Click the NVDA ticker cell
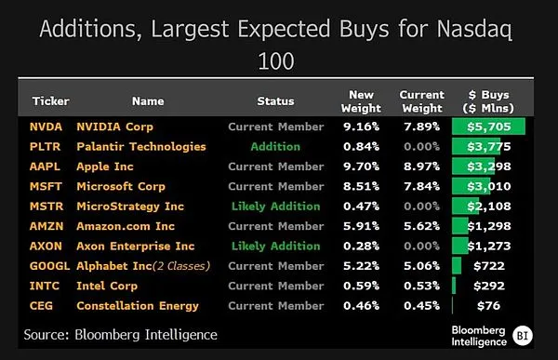click(x=46, y=127)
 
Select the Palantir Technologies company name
click(x=141, y=147)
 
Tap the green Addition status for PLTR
click(x=275, y=147)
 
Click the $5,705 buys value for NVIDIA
click(x=489, y=127)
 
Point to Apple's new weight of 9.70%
click(x=361, y=167)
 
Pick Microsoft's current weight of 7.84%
click(x=421, y=187)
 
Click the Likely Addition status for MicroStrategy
click(x=276, y=207)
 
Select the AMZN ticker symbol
click(x=46, y=226)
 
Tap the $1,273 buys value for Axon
click(x=489, y=247)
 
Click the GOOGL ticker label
click(x=49, y=266)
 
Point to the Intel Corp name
click(x=107, y=286)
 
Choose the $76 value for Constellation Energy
click(x=489, y=306)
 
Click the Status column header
click(x=276, y=101)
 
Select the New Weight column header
click(x=361, y=101)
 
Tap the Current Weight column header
click(x=422, y=101)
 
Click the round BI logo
click(x=523, y=336)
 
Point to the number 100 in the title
click(x=276, y=61)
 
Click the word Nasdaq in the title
click(x=474, y=30)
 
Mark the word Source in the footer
click(x=46, y=335)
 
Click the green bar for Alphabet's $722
click(x=457, y=266)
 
